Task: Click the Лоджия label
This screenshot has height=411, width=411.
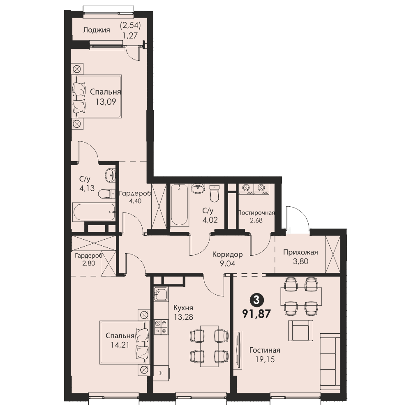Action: click(x=97, y=30)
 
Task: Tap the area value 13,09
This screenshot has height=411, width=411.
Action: click(x=106, y=102)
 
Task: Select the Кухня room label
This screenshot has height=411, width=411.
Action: click(x=183, y=307)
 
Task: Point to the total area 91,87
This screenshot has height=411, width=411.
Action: click(x=256, y=313)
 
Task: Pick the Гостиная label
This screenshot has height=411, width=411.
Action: click(x=265, y=350)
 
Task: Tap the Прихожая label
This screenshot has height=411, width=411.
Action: click(x=300, y=252)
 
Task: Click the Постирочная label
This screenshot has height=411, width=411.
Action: click(x=256, y=212)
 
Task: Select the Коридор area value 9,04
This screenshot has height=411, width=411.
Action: click(x=228, y=263)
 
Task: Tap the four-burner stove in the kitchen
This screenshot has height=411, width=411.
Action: click(x=161, y=327)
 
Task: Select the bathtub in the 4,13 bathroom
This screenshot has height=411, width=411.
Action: click(x=94, y=212)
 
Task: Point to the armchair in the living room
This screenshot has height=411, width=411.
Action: click(x=300, y=330)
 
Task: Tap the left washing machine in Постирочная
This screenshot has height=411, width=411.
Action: click(x=246, y=189)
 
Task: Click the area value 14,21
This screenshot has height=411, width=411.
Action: click(x=120, y=345)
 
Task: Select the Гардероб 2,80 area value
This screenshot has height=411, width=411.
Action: click(x=89, y=263)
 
